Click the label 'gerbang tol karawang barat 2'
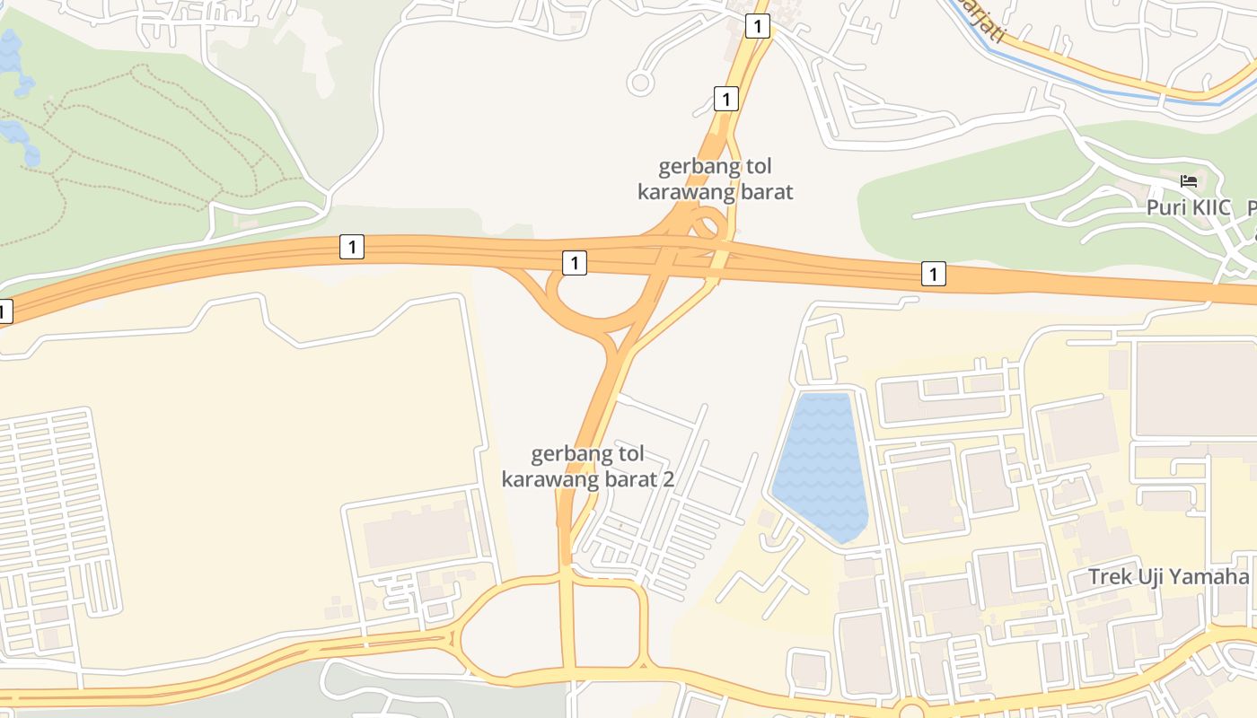(x=588, y=466)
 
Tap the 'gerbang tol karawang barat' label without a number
(x=716, y=179)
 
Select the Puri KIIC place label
(x=1191, y=207)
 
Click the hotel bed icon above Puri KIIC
(x=1189, y=181)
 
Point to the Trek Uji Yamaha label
(x=1168, y=576)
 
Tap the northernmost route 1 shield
(x=758, y=27)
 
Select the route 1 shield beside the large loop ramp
(x=575, y=263)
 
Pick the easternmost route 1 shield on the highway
(x=934, y=274)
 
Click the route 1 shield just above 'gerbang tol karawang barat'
(x=725, y=98)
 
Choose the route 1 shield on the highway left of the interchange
(x=352, y=247)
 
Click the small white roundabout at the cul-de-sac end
(x=640, y=83)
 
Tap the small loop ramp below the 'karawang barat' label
(x=708, y=223)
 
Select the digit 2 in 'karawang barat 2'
(x=667, y=478)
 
